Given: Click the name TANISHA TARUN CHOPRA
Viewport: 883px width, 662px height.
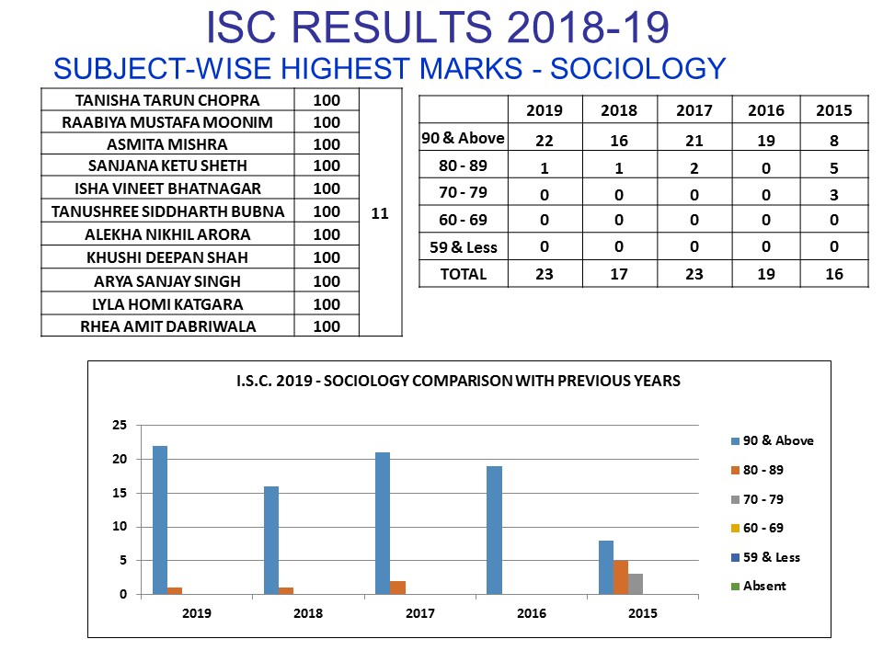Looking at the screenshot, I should click(x=167, y=99).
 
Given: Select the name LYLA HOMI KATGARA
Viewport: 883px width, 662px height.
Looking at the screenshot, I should click(x=167, y=303).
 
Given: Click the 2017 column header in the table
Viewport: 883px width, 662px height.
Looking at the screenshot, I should click(x=694, y=110).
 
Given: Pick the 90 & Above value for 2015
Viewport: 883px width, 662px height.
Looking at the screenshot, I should click(x=834, y=138).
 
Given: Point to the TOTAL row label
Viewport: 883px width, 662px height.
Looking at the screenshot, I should click(x=464, y=274).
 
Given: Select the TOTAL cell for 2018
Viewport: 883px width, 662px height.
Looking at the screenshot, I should click(x=618, y=274).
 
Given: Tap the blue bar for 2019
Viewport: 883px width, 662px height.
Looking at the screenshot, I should click(x=160, y=519).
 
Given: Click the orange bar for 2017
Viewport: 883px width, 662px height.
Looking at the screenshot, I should click(x=398, y=588).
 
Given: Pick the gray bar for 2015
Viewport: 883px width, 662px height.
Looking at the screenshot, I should click(x=636, y=584).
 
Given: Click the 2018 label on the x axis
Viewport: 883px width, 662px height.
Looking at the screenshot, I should click(x=308, y=613).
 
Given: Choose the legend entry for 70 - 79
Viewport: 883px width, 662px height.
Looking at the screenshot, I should click(x=764, y=499).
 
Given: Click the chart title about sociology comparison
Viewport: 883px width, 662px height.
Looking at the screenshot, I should click(x=458, y=381).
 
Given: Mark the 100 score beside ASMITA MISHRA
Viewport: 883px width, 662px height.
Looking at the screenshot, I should click(x=327, y=144).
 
